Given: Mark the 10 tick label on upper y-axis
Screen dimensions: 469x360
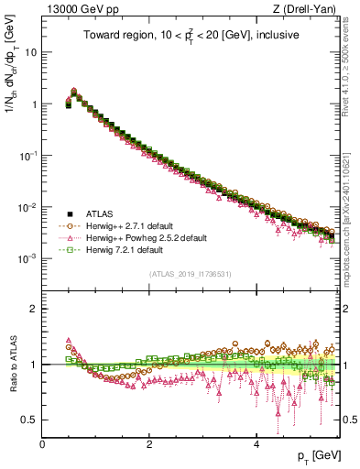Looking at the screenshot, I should coord(30,52).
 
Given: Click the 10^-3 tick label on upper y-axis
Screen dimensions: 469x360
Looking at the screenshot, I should coord(27,258).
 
